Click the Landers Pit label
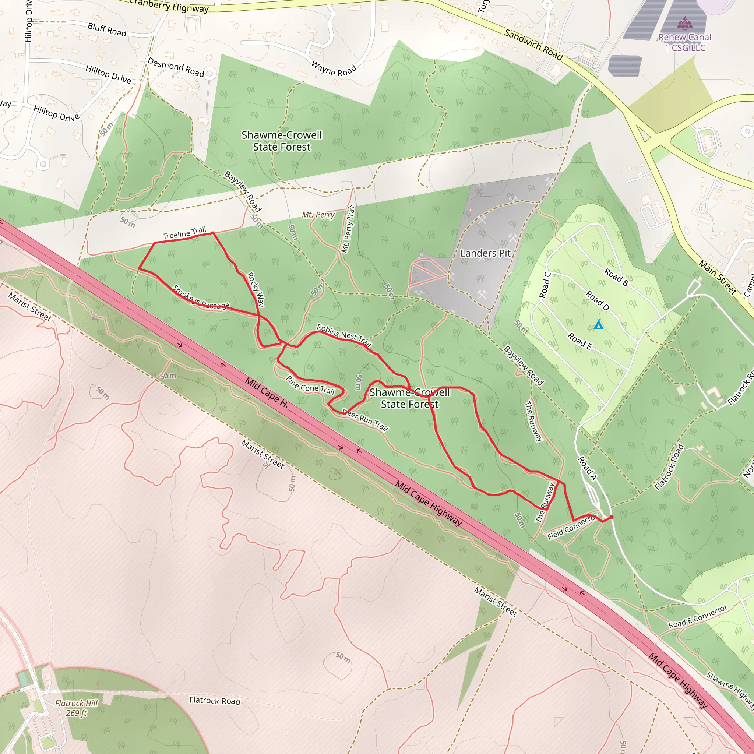tap(485, 253)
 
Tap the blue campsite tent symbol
tap(598, 324)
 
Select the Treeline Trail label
tap(184, 233)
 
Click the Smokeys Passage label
tap(201, 297)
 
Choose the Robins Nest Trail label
tap(343, 335)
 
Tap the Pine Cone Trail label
tap(310, 385)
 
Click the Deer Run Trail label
tap(365, 420)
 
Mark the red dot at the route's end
tap(611, 517)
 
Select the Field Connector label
tap(571, 527)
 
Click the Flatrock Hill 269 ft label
tap(76, 708)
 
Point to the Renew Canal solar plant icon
tap(685, 24)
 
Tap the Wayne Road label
tap(334, 69)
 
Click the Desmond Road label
tap(176, 67)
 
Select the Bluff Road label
tap(107, 30)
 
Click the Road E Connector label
tap(698, 617)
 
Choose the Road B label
tap(616, 277)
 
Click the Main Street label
tap(717, 278)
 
